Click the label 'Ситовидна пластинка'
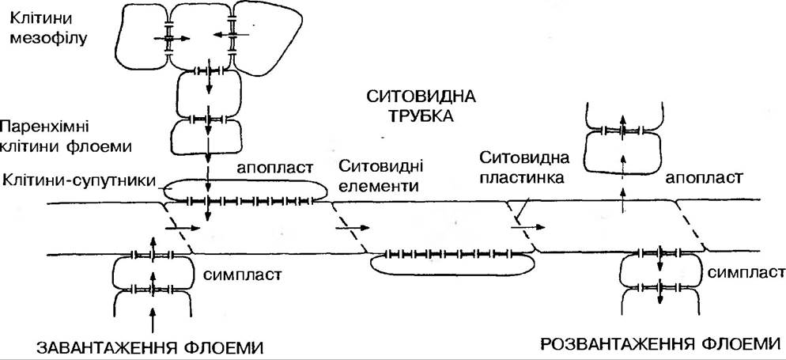[521, 168]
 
